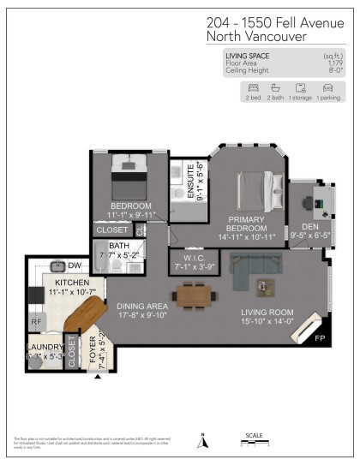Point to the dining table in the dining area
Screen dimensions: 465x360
[x=192, y=295]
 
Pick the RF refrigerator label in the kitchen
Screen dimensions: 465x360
[x=36, y=323]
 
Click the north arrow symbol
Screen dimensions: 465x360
[x=203, y=442]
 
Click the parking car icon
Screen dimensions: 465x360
[x=327, y=88]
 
